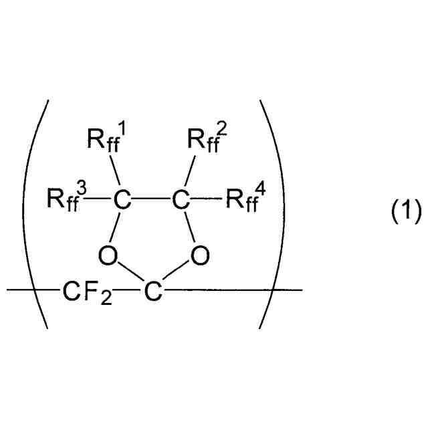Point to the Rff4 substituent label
pos(246,199)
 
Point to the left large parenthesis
pos(39,214)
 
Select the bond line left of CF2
pos(33,290)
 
